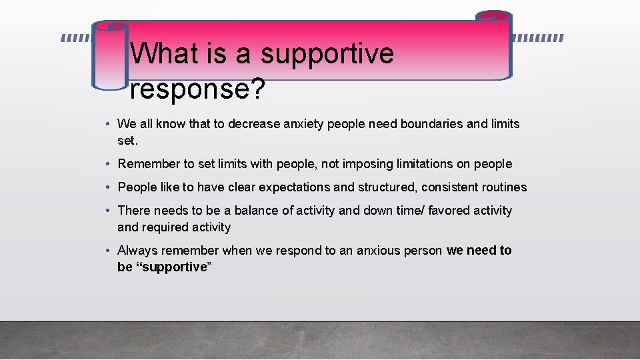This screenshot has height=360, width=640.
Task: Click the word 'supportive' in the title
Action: pos(327,54)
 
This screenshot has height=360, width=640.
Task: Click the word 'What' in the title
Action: pos(165,53)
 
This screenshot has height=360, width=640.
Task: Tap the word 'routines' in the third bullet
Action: pos(503,187)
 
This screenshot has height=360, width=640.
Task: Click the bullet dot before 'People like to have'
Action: pos(108,187)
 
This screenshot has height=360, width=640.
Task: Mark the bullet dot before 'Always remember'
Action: pos(108,251)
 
